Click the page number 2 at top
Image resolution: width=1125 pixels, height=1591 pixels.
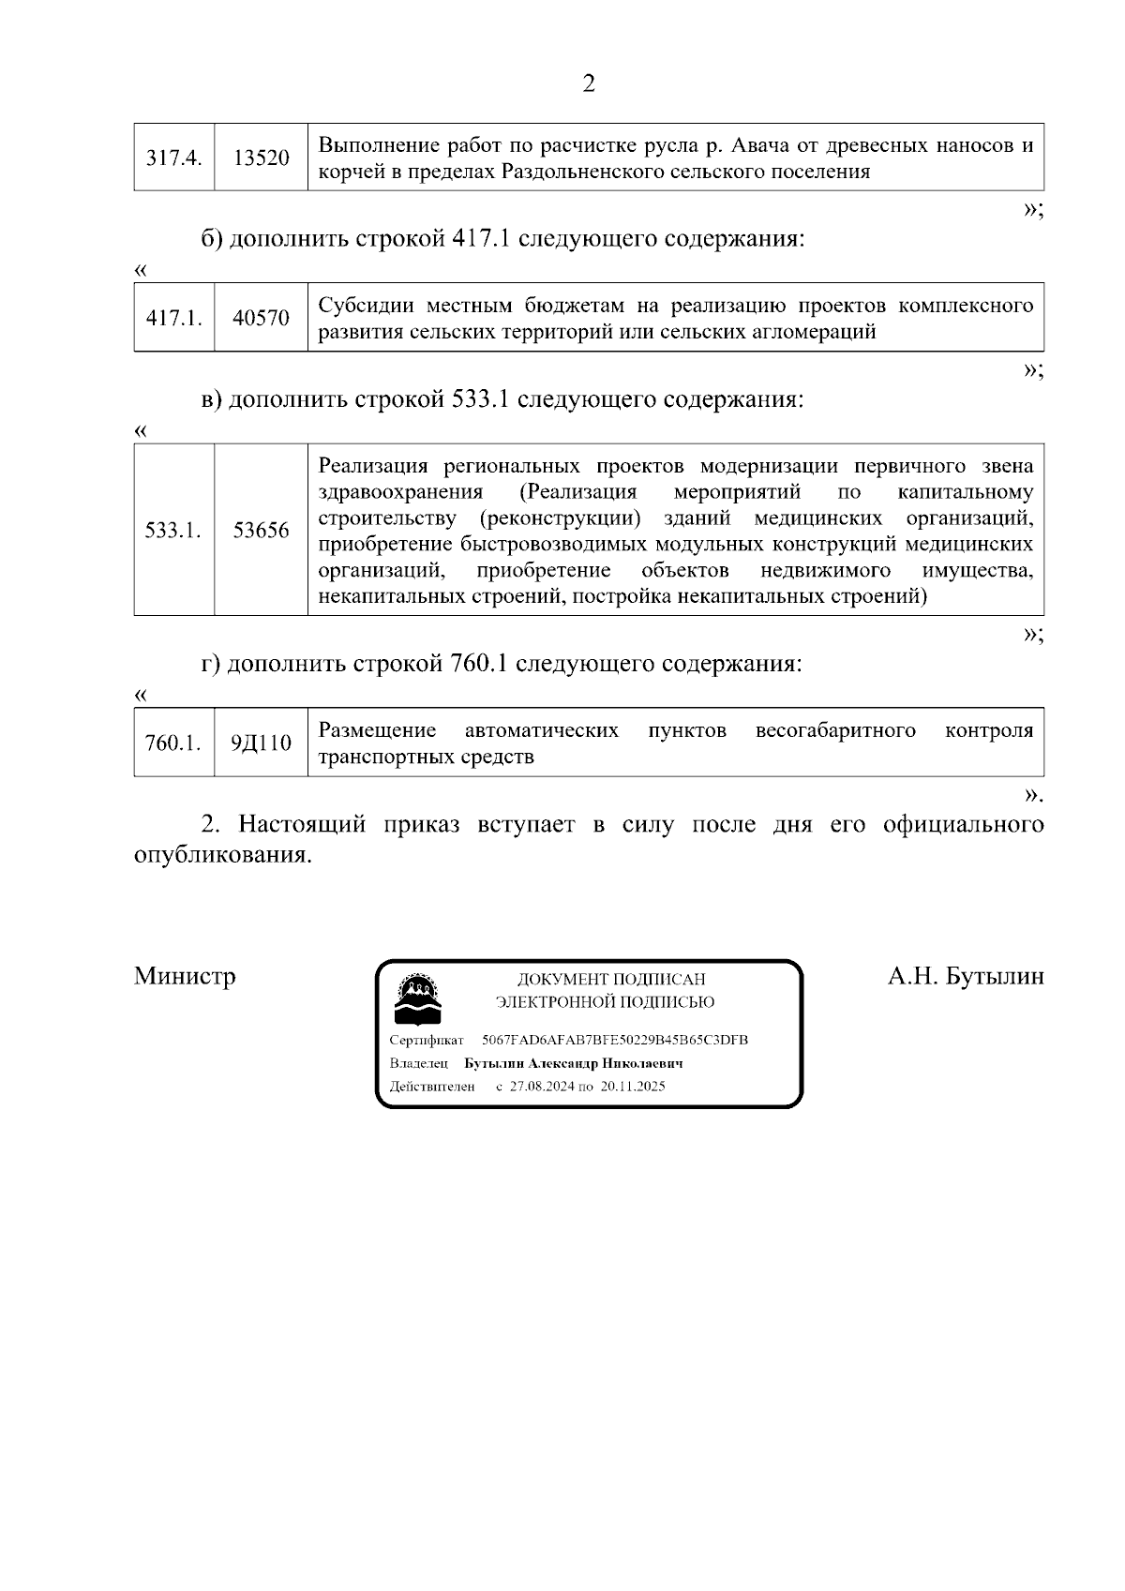[589, 84]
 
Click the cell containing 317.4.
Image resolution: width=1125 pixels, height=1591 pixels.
[173, 158]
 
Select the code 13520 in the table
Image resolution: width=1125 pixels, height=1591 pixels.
[261, 158]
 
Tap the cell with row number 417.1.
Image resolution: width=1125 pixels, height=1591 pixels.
[173, 318]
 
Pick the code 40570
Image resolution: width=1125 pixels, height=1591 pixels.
[261, 318]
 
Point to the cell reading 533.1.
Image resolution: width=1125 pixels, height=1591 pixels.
[173, 531]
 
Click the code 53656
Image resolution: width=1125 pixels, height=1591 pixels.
[261, 531]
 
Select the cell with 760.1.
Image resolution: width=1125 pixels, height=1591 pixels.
[173, 743]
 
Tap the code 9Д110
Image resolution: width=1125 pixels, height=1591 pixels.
[261, 743]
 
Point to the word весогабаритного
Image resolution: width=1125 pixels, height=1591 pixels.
[835, 730]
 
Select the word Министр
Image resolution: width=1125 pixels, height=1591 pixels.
[185, 976]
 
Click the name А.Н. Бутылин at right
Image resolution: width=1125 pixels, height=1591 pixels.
[966, 976]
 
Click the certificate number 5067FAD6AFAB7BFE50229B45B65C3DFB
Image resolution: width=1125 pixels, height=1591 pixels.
[614, 1040]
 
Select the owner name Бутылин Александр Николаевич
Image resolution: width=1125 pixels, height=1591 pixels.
[573, 1063]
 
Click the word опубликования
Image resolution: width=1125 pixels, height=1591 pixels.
[221, 855]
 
